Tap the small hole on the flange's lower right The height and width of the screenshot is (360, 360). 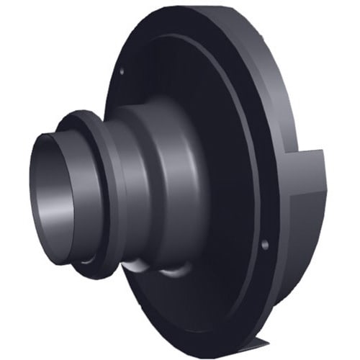click(265, 245)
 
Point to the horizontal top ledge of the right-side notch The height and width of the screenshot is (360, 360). click(310, 153)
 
